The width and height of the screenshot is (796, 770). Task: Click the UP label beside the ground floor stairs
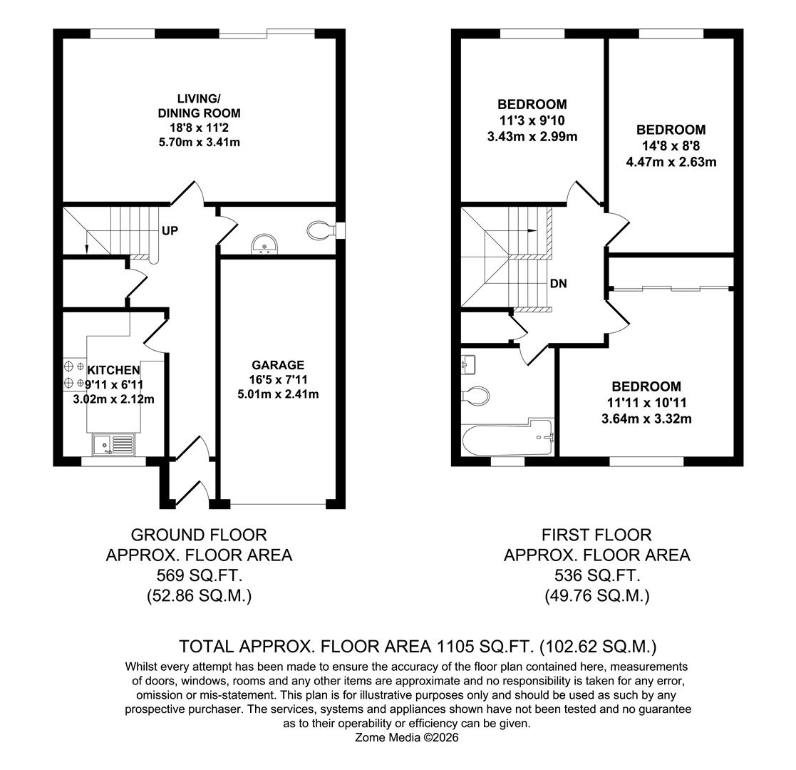(x=170, y=231)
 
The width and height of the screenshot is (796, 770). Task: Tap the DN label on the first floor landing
(x=558, y=284)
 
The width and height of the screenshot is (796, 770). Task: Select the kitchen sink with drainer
(x=113, y=446)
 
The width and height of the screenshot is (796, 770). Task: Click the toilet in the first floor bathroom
(x=476, y=394)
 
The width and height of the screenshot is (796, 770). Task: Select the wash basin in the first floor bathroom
(x=467, y=364)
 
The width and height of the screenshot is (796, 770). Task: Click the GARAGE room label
(x=277, y=365)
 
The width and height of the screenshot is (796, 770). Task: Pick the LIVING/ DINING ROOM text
(x=199, y=106)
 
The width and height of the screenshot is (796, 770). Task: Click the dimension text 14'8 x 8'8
(x=671, y=146)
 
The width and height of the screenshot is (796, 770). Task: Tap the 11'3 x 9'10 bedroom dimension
(x=532, y=120)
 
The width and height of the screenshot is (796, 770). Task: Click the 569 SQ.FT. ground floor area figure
(x=199, y=575)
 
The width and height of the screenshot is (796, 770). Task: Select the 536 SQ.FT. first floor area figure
(x=596, y=575)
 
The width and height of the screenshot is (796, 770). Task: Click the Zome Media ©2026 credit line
(x=407, y=738)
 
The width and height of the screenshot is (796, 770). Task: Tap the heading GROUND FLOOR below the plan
(x=199, y=535)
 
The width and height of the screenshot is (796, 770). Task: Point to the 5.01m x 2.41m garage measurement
(x=277, y=394)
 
